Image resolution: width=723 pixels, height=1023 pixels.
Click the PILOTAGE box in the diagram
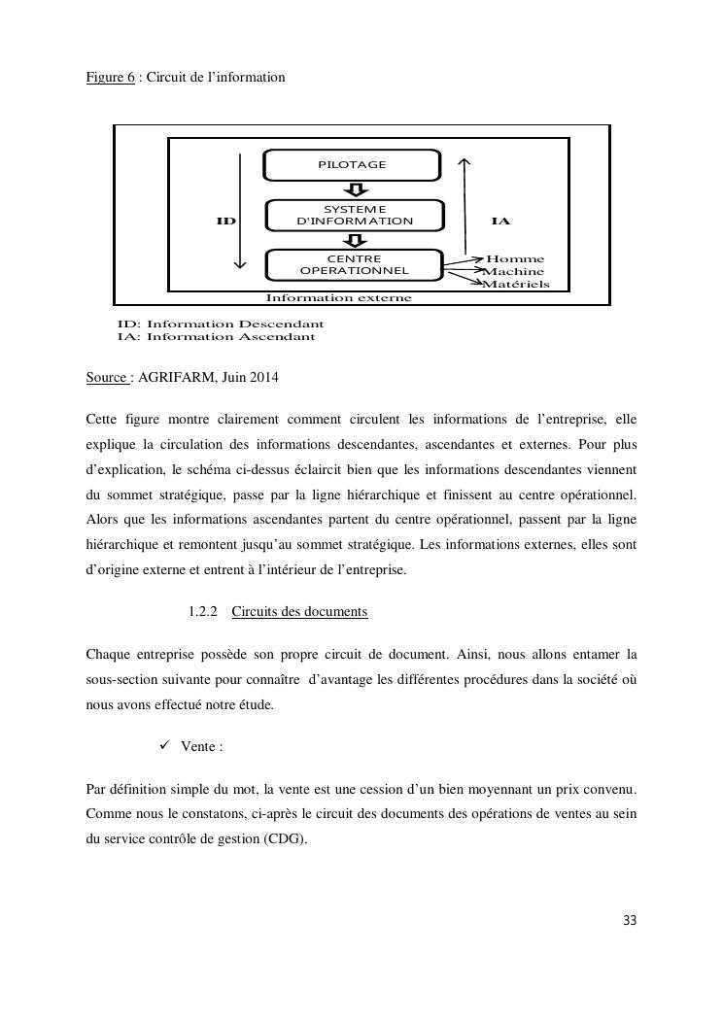352,164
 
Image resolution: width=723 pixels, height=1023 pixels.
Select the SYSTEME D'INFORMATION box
355,215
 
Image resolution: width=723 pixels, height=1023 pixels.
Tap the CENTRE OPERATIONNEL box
354,264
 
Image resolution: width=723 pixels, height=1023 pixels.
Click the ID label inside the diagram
225,222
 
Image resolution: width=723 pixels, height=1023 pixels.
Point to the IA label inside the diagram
500,222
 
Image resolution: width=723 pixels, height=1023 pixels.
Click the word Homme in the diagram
515,259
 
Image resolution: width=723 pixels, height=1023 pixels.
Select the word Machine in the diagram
515,272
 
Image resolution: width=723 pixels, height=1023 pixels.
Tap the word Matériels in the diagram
517,285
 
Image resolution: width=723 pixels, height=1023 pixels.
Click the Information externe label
338,297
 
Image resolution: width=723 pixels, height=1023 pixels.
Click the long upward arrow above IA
465,204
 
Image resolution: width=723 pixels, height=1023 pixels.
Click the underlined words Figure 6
110,76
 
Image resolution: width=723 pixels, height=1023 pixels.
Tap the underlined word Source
107,377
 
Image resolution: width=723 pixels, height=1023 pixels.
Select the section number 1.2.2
202,611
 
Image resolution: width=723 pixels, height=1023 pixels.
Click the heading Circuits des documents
299,611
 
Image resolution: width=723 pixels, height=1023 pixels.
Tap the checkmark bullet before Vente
163,745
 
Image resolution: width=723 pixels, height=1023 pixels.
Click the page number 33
629,921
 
